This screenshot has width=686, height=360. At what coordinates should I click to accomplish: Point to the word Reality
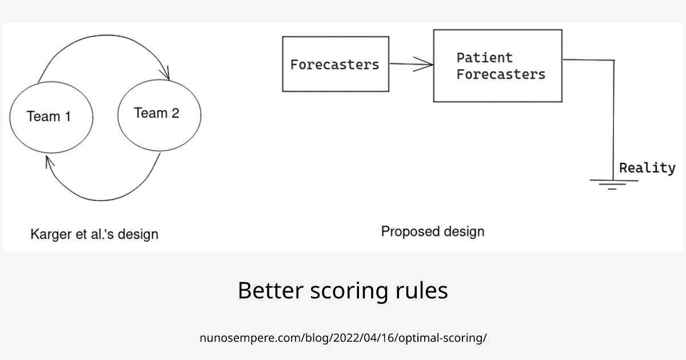pos(647,168)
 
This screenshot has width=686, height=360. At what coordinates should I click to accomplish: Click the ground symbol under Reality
pos(613,184)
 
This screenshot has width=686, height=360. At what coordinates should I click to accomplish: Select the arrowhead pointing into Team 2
pos(167,74)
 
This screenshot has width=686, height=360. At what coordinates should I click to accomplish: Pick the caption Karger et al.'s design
pos(94,234)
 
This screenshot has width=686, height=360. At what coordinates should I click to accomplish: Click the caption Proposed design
pos(432,231)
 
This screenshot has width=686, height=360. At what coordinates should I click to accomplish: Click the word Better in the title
pos(270,291)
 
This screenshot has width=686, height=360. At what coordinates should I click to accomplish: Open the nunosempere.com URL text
pos(343,338)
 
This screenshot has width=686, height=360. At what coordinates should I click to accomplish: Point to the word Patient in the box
pos(484,58)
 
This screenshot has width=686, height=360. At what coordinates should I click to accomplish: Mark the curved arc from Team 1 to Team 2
pos(103,38)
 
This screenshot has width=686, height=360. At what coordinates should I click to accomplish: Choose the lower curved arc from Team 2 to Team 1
pos(103,199)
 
